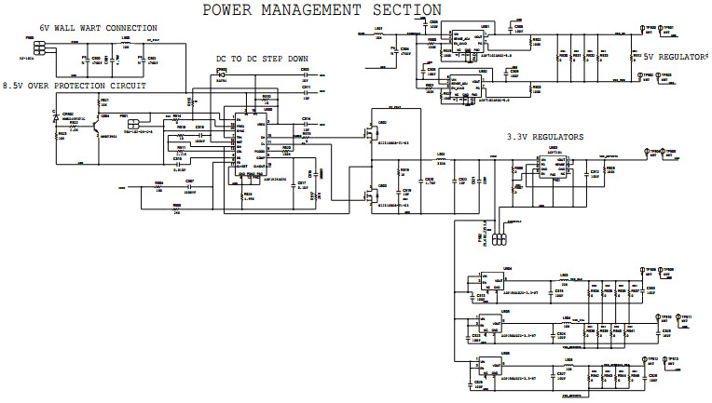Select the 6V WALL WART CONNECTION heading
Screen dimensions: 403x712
(98, 29)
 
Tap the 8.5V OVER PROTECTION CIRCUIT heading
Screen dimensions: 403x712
(74, 86)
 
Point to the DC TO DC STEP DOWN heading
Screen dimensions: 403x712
(262, 59)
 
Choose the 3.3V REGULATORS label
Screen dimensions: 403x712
(545, 137)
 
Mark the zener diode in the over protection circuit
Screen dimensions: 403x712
(56, 118)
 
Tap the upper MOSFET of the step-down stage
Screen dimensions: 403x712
(374, 135)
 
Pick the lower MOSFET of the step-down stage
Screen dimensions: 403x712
(374, 196)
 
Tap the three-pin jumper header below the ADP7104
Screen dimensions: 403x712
(499, 239)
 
